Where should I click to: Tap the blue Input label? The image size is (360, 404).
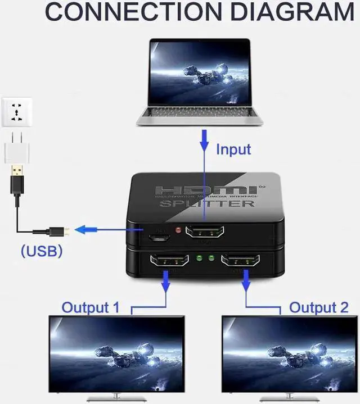pyautogui.click(x=233, y=149)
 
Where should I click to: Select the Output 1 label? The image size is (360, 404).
pyautogui.click(x=91, y=307)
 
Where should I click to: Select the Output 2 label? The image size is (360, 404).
pyautogui.click(x=318, y=307)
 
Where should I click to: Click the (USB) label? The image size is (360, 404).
pyautogui.click(x=42, y=251)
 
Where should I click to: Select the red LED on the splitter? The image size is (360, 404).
pyautogui.click(x=178, y=230)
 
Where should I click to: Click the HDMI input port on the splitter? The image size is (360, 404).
pyautogui.click(x=205, y=231)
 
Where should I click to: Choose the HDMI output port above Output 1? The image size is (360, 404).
pyautogui.click(x=168, y=261)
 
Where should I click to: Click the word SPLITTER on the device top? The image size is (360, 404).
pyautogui.click(x=208, y=203)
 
